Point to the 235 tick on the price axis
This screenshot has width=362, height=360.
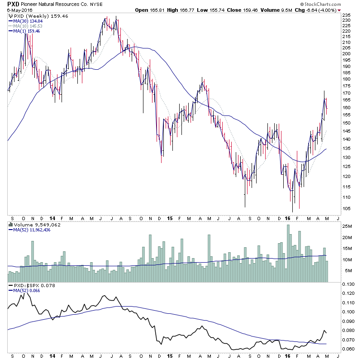click(x=346, y=15)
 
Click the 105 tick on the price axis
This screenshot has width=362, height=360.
click(x=346, y=208)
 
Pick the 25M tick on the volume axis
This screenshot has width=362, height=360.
click(x=347, y=226)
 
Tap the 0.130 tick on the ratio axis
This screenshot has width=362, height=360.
click(x=348, y=284)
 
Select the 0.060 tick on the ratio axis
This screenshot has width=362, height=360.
click(x=348, y=349)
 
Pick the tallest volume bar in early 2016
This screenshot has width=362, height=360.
click(x=289, y=254)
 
